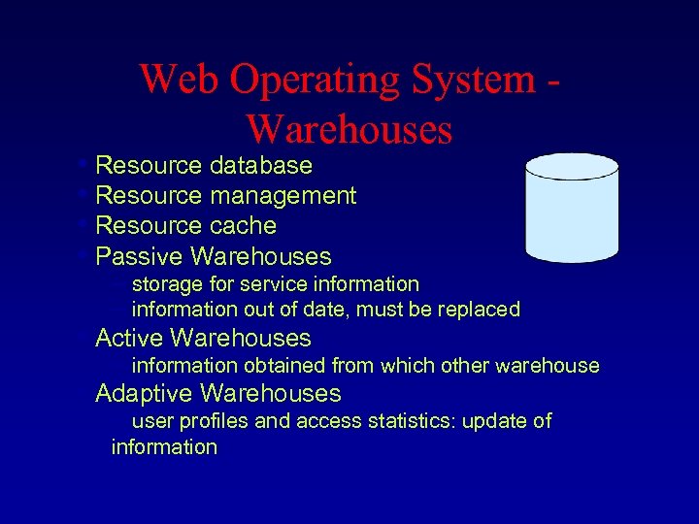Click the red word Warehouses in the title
click(x=349, y=128)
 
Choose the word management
click(x=283, y=196)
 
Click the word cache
click(x=243, y=226)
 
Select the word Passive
click(x=140, y=257)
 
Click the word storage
click(x=167, y=285)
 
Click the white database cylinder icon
click(x=571, y=209)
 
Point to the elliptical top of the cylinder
click(x=571, y=166)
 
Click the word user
click(x=152, y=421)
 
